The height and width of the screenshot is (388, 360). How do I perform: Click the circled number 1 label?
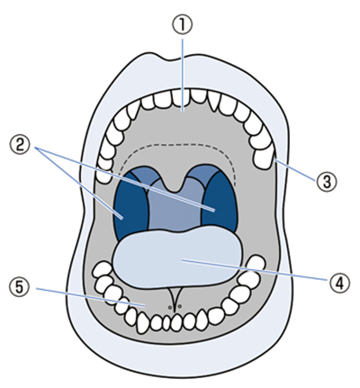[183, 25]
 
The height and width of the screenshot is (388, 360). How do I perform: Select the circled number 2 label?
[20, 145]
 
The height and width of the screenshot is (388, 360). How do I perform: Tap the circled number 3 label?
[327, 182]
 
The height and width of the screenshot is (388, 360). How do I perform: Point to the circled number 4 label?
[340, 284]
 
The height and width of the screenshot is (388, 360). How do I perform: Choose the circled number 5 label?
[20, 287]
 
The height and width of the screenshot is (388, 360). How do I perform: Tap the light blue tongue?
[177, 257]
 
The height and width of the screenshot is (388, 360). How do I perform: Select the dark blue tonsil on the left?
[130, 205]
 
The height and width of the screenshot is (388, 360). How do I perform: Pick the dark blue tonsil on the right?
[220, 200]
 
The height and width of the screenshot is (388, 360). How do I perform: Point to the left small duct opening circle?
[170, 308]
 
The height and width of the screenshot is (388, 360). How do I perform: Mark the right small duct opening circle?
[180, 306]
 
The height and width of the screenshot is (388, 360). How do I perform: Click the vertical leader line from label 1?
[183, 75]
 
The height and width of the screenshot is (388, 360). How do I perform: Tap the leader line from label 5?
[91, 297]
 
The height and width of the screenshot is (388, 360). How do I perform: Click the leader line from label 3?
[295, 170]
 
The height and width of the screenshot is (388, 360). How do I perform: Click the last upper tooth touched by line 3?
[264, 158]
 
